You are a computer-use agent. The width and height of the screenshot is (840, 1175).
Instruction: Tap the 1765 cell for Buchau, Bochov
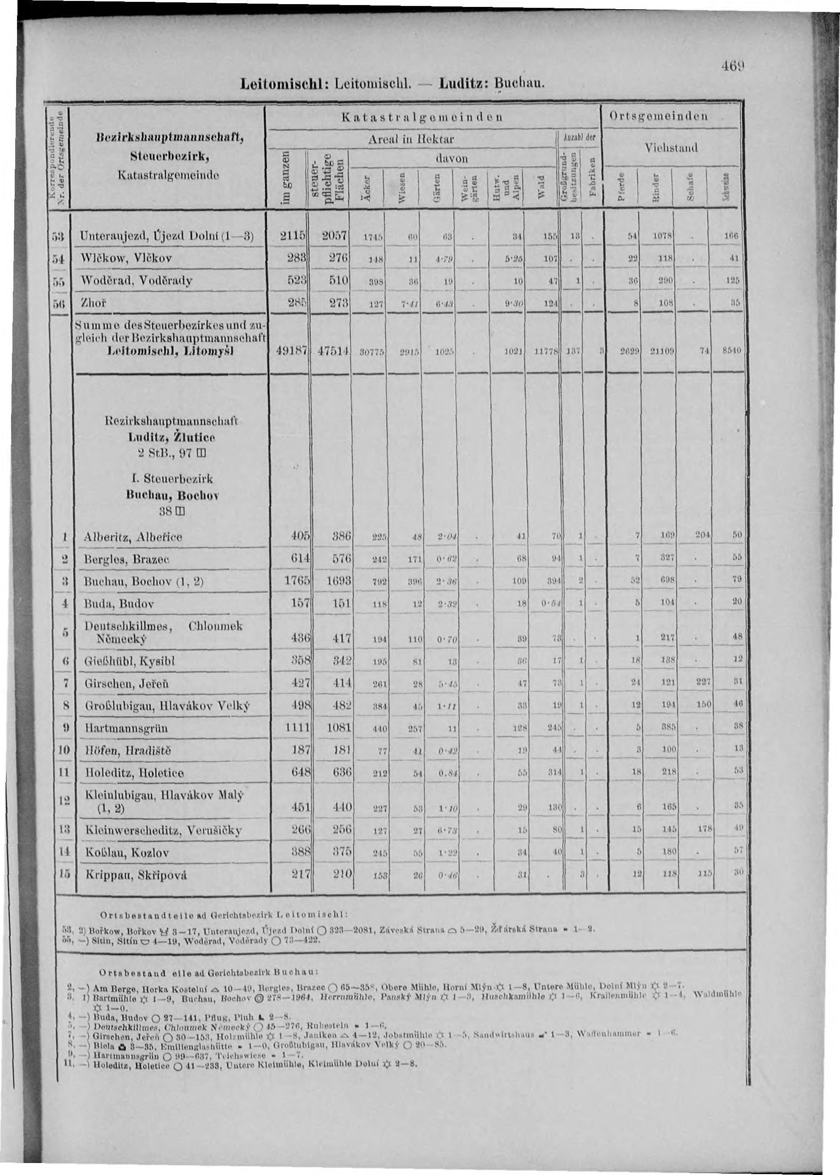(296, 581)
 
